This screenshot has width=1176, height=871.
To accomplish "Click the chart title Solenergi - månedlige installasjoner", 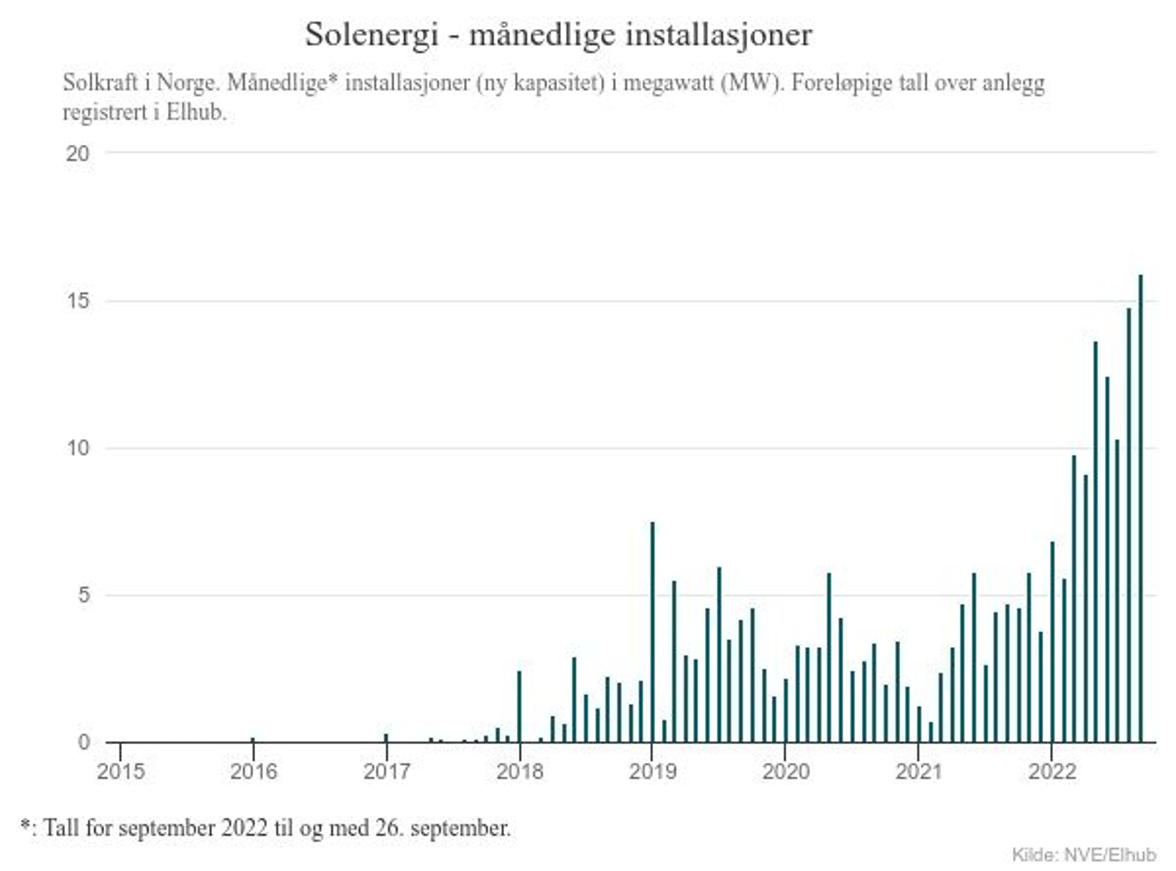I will click(559, 35).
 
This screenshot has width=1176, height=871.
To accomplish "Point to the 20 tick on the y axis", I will click(77, 154).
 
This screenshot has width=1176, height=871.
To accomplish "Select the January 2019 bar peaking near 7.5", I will click(652, 633).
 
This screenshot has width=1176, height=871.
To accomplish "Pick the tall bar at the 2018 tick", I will click(519, 706).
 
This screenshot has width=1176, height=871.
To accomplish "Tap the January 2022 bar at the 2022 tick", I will click(1052, 643).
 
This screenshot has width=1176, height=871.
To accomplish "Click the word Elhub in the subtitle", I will click(195, 112).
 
